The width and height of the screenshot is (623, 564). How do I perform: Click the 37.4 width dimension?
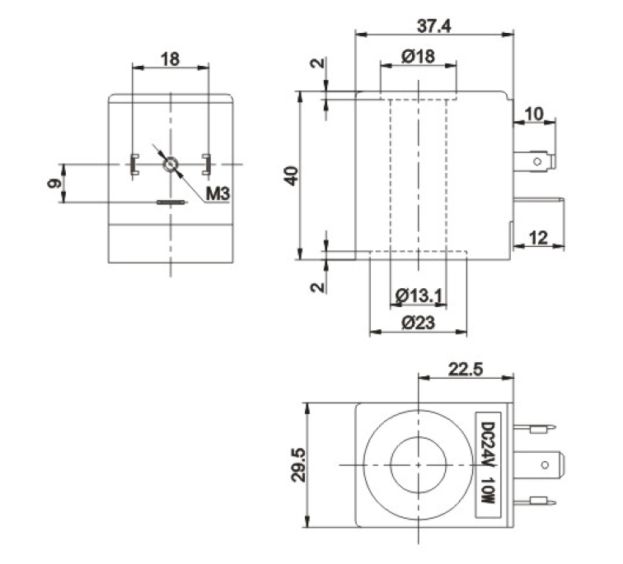(433, 26)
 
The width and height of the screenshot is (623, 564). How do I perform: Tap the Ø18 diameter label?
(418, 56)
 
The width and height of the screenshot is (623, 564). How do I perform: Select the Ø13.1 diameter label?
(419, 296)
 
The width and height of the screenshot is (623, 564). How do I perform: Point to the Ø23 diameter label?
(418, 323)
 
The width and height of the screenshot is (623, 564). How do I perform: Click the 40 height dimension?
(291, 176)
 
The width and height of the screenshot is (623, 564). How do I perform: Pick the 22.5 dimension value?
(466, 370)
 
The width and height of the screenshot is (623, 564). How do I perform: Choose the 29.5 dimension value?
(298, 464)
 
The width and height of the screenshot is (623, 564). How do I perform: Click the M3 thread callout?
(218, 193)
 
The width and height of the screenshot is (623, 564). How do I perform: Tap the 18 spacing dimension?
(170, 59)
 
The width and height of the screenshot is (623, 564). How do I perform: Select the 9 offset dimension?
(54, 184)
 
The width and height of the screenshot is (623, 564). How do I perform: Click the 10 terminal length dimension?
(534, 114)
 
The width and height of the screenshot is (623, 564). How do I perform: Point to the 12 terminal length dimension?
(539, 238)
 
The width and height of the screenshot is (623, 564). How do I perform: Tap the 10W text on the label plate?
(489, 490)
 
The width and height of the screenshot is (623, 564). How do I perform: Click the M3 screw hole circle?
(171, 165)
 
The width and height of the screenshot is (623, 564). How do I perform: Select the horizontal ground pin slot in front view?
(171, 203)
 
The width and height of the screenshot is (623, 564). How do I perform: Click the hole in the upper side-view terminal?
(537, 161)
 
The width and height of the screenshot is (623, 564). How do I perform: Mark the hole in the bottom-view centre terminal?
(546, 464)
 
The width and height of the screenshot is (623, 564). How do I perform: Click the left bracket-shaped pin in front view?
(133, 165)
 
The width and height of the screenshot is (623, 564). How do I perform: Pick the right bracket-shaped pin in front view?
(206, 165)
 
